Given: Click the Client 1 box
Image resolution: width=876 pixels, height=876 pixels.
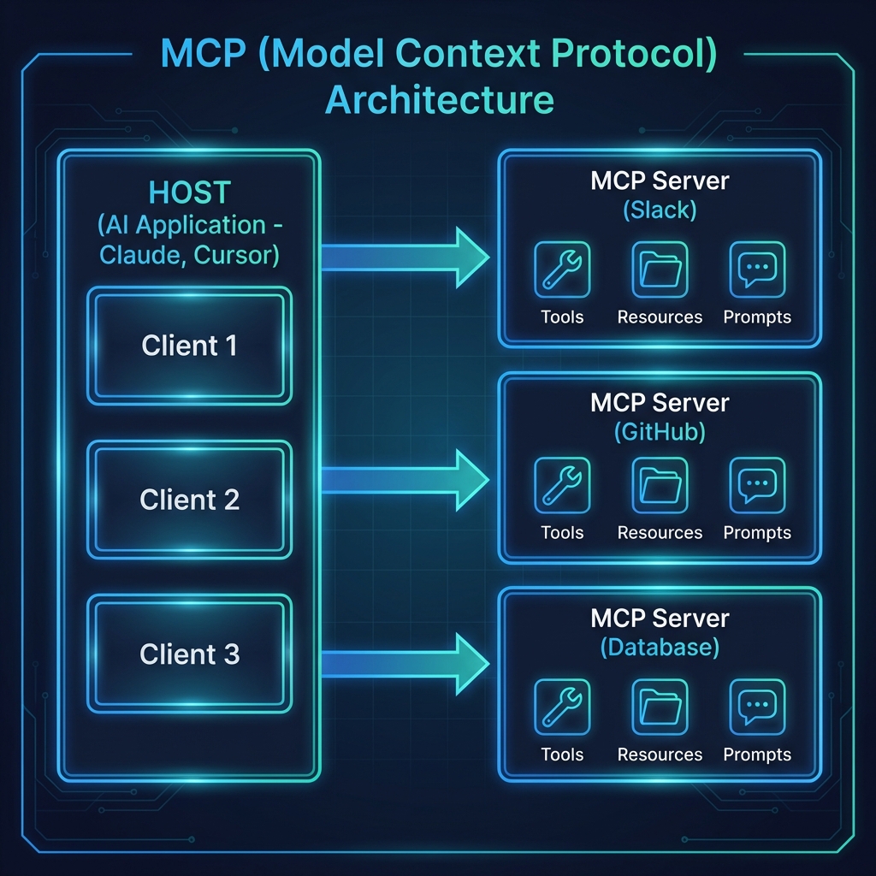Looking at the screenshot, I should pyautogui.click(x=189, y=346).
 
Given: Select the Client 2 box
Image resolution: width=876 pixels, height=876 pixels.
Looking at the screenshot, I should pyautogui.click(x=189, y=500).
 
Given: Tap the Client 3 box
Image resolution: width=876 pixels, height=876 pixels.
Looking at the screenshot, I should pyautogui.click(x=189, y=654).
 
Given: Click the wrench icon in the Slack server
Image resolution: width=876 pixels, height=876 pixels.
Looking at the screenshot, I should pyautogui.click(x=562, y=269).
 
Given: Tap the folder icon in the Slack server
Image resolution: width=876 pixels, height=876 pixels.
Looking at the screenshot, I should pyautogui.click(x=660, y=269).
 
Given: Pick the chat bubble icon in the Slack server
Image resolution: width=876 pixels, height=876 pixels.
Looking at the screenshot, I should pyautogui.click(x=757, y=269).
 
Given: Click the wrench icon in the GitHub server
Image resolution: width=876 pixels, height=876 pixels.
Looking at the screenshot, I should pyautogui.click(x=562, y=485).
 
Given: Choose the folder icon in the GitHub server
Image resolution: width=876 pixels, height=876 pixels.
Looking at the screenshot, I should pyautogui.click(x=660, y=485).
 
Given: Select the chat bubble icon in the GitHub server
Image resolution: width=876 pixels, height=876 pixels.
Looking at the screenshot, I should pyautogui.click(x=757, y=485).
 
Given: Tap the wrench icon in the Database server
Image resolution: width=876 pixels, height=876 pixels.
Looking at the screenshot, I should pyautogui.click(x=562, y=707).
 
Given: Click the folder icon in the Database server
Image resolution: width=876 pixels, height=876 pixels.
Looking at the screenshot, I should pyautogui.click(x=660, y=707).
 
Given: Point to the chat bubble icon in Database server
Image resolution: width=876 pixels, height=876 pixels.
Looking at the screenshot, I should pyautogui.click(x=757, y=707).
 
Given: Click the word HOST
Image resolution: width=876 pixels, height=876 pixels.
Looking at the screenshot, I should pyautogui.click(x=189, y=192).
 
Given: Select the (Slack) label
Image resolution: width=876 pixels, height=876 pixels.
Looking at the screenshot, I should pyautogui.click(x=660, y=210).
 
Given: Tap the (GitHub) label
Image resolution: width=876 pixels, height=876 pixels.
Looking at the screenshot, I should pyautogui.click(x=660, y=432).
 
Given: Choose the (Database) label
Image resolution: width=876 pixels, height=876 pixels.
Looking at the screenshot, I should pyautogui.click(x=660, y=647).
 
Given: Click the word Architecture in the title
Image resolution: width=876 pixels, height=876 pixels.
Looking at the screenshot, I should pyautogui.click(x=440, y=99).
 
